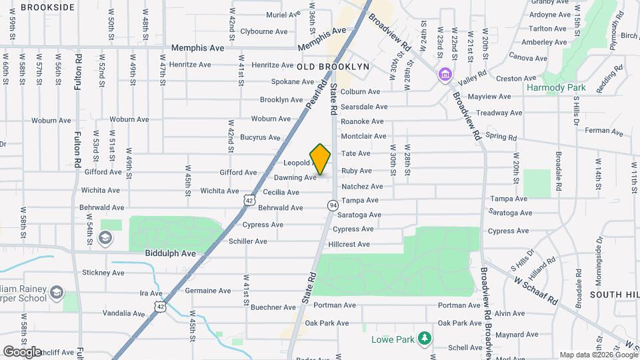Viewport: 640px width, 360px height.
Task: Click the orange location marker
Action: click(x=320, y=159)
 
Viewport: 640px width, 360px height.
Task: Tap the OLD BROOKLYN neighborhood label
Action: click(x=333, y=67)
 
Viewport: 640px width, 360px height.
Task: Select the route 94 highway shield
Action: click(x=332, y=206)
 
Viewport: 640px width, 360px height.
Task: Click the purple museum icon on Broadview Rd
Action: click(x=445, y=74)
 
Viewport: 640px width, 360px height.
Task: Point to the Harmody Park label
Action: click(x=555, y=87)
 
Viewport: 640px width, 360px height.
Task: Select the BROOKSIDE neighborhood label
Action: click(x=47, y=7)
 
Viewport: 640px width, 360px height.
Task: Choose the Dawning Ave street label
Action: click(x=295, y=178)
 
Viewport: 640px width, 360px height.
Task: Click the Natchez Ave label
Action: click(x=362, y=187)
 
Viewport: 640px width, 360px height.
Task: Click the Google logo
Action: click(x=21, y=351)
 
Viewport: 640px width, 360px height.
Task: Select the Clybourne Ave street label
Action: click(x=264, y=31)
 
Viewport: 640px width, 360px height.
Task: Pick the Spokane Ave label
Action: click(x=292, y=82)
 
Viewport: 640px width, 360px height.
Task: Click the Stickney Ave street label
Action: click(x=103, y=273)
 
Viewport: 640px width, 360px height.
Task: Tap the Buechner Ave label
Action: click(x=273, y=307)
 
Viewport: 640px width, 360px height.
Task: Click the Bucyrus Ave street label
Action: click(x=261, y=137)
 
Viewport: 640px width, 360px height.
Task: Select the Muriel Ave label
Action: click(x=283, y=15)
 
